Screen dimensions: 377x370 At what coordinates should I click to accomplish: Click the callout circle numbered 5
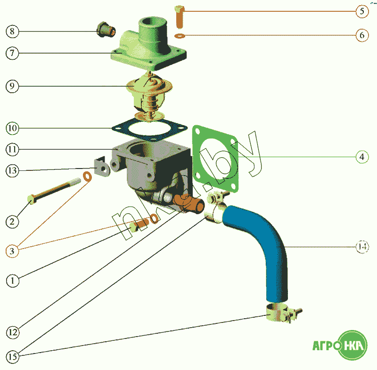tap(362, 11)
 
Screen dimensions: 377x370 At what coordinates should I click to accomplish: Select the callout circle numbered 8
tap(12, 32)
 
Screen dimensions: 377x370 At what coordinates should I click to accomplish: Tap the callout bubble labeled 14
tap(362, 247)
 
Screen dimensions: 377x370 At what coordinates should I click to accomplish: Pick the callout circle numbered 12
tap(13, 332)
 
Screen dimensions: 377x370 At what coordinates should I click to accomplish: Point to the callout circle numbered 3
tap(12, 251)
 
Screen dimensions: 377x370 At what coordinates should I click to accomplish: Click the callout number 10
tap(12, 128)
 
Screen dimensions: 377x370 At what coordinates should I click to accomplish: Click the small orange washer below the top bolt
tap(180, 36)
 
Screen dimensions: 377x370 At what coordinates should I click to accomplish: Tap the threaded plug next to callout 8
tap(106, 30)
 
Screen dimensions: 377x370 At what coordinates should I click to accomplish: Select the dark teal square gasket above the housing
tap(149, 129)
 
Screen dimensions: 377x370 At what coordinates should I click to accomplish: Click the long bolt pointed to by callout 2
tap(54, 191)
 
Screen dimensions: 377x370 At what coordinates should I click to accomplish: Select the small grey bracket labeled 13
tap(101, 166)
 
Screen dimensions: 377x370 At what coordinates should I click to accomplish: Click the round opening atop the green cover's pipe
tap(149, 23)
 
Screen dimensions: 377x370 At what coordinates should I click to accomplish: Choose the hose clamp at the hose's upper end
tap(216, 207)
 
